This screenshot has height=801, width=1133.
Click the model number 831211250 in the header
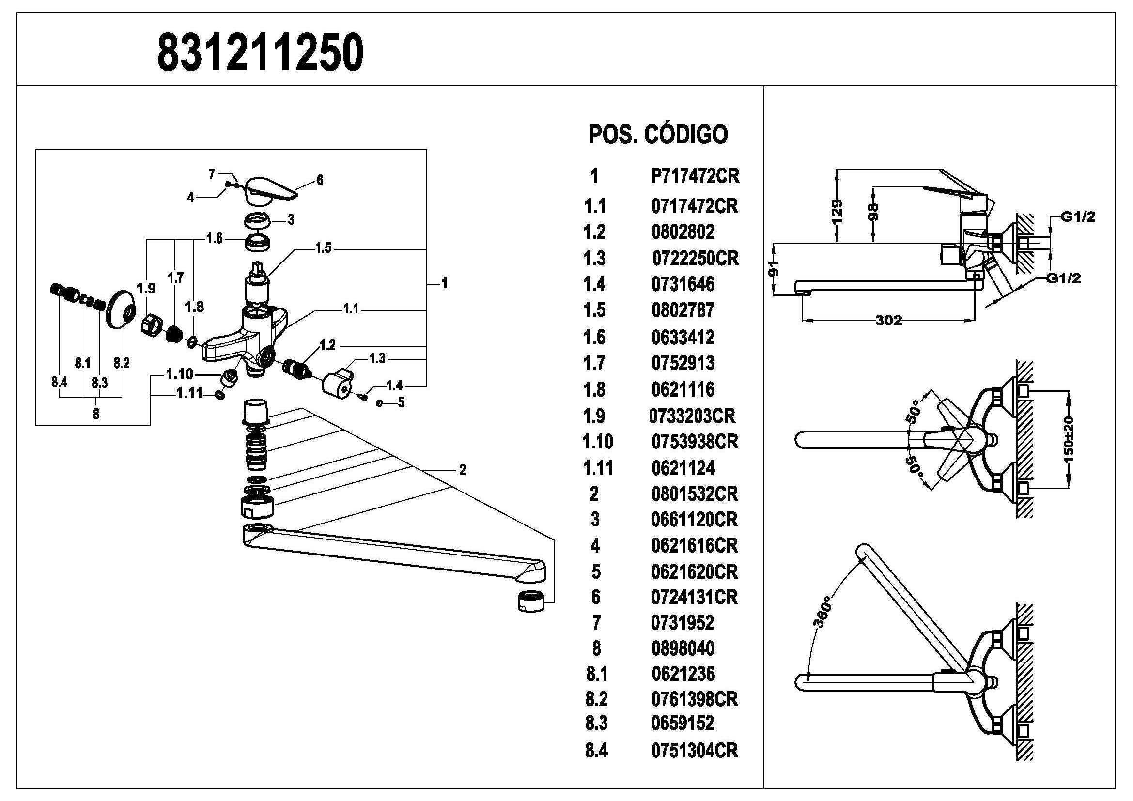(260, 53)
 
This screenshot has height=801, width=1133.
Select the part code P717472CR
(695, 176)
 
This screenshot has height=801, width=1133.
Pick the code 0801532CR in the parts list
(694, 493)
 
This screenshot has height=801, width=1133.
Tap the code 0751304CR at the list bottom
(694, 750)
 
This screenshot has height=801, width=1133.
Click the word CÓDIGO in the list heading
(686, 134)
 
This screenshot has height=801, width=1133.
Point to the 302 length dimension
(888, 321)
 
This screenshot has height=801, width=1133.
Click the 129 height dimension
(837, 212)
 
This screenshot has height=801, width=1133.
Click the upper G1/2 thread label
(1078, 216)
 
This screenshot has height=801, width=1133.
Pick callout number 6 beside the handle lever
(320, 181)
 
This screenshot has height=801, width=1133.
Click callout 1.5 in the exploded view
(323, 248)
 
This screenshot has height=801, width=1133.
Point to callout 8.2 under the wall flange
(122, 363)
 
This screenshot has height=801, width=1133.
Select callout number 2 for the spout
(462, 470)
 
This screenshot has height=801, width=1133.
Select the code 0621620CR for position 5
(694, 571)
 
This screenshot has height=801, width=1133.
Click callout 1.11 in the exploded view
(189, 393)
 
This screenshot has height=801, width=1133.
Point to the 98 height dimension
(873, 212)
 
